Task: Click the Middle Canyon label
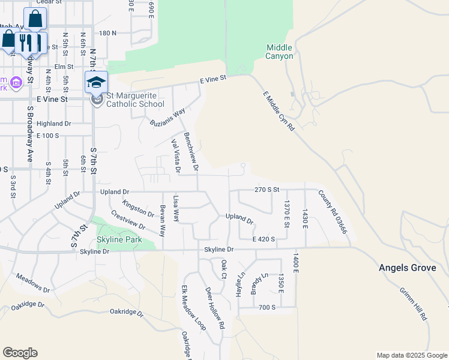280,52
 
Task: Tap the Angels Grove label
407,268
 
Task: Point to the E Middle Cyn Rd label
280,111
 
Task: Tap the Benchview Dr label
191,151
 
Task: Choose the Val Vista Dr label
175,156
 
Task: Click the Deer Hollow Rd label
215,308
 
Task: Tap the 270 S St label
267,189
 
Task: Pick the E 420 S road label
264,239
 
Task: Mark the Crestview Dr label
128,222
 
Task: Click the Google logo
20,352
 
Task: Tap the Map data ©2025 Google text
411,355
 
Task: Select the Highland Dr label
53,123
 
